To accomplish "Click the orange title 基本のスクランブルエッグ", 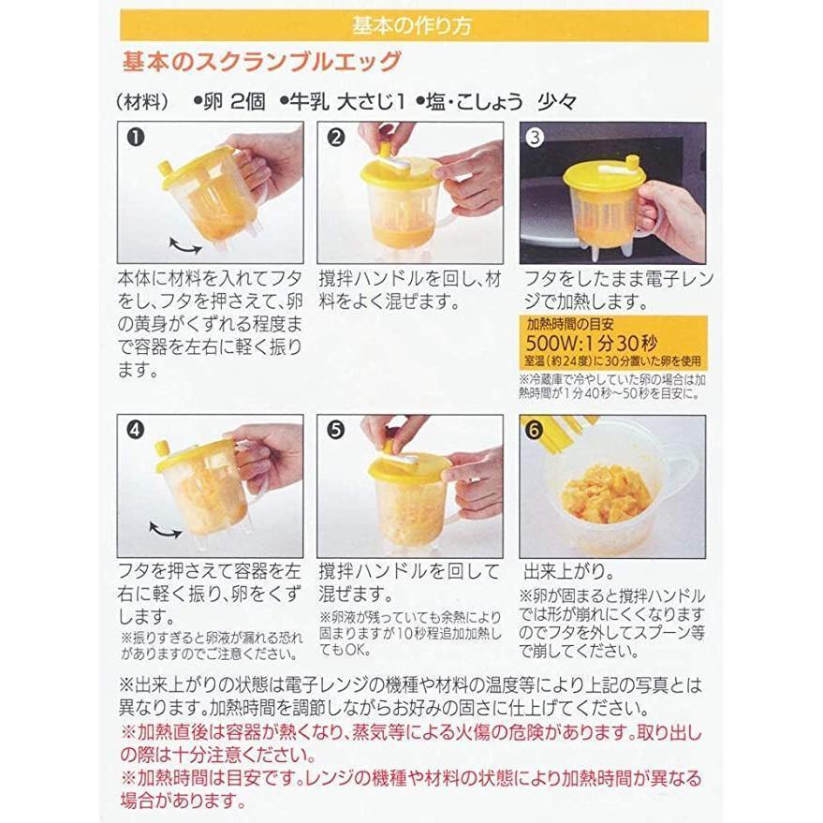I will click(x=262, y=63).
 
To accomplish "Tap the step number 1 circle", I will click(x=136, y=139).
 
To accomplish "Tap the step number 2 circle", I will click(x=337, y=139).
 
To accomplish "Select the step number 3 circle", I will click(x=536, y=139).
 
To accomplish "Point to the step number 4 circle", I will click(x=136, y=432).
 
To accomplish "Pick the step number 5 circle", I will click(x=337, y=432).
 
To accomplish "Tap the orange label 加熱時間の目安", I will click(x=571, y=325).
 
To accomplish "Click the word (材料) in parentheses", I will click(x=140, y=102).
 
